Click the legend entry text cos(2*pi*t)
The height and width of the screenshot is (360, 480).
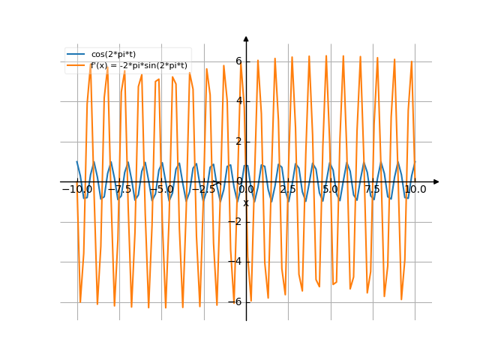pyautogui.click(x=112, y=54)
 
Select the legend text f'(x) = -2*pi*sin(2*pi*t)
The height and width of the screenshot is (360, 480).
pyautogui.click(x=139, y=65)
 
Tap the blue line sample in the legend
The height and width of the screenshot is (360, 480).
pyautogui.click(x=76, y=54)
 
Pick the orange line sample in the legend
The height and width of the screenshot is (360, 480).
pyautogui.click(x=76, y=65)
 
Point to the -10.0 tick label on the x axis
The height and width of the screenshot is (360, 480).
pyautogui.click(x=77, y=190)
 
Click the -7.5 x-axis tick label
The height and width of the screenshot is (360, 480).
pyautogui.click(x=120, y=190)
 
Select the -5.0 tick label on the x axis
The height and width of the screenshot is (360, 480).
pyautogui.click(x=162, y=190)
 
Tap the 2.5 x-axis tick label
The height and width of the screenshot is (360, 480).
pyautogui.click(x=288, y=190)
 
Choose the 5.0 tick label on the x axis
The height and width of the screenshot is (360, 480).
pyautogui.click(x=331, y=190)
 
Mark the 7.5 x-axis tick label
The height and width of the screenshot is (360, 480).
pyautogui.click(x=373, y=190)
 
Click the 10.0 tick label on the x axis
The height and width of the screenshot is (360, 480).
pyautogui.click(x=415, y=190)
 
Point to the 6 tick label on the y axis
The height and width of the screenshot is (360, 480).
pyautogui.click(x=238, y=61)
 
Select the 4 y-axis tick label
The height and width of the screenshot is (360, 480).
pyautogui.click(x=238, y=101)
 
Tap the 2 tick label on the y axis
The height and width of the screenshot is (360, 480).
pyautogui.click(x=238, y=141)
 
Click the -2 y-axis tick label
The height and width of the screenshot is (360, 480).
pyautogui.click(x=236, y=221)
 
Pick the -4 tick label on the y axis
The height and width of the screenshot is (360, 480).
pyautogui.click(x=236, y=262)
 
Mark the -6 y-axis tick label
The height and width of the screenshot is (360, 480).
pyautogui.click(x=236, y=301)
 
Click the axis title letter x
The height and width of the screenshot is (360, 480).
pyautogui.click(x=245, y=202)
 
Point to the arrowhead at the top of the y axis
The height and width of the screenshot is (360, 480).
pyautogui.click(x=246, y=37)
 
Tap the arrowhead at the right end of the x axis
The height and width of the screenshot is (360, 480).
pyautogui.click(x=436, y=181)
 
